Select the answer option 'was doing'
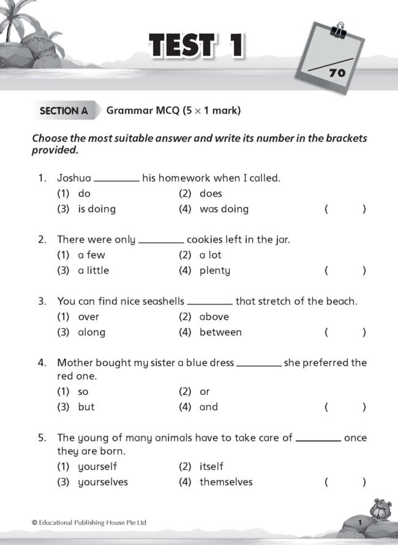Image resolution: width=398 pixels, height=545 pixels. [x=223, y=209]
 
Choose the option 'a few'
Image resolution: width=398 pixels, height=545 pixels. [x=91, y=255]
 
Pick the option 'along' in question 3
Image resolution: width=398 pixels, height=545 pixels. [x=91, y=332]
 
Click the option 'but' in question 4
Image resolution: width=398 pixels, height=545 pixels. [x=86, y=407]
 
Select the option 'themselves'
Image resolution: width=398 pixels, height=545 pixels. [x=225, y=482]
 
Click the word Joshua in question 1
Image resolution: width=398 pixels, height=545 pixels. [x=73, y=178]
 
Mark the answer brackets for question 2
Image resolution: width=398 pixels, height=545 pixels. [x=345, y=270]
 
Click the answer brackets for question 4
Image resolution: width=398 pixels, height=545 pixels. [x=345, y=407]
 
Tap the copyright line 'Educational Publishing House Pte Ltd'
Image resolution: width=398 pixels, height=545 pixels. [x=89, y=522]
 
